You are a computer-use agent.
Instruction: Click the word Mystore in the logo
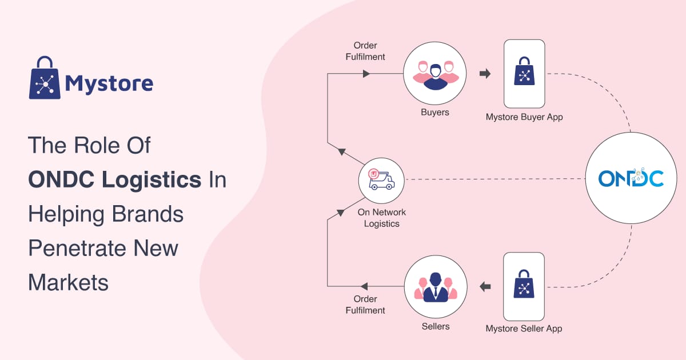coord(109,83)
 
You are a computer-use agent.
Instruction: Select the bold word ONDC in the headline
coord(61,179)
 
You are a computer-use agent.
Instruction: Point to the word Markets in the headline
coord(68,282)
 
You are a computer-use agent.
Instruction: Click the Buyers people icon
coord(435,75)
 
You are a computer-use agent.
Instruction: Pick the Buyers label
coord(435,113)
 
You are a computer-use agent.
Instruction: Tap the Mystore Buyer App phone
coord(524,74)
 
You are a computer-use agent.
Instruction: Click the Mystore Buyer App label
coord(524,117)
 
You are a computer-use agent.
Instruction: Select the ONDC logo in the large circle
coord(631,178)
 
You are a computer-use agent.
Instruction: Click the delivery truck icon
coord(381,179)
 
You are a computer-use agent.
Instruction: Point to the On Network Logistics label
coord(382,218)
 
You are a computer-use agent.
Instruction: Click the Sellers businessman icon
coord(436,287)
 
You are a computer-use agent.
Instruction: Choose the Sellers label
coord(436,326)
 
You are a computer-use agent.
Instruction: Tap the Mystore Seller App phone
coord(524,286)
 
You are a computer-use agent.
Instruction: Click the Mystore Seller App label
coord(524,329)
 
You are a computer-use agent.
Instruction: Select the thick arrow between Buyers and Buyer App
coord(485,74)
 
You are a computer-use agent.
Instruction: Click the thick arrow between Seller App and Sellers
coord(485,287)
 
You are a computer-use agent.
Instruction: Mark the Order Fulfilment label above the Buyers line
coord(365,51)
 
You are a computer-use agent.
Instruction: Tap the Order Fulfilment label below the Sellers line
coord(365,305)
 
